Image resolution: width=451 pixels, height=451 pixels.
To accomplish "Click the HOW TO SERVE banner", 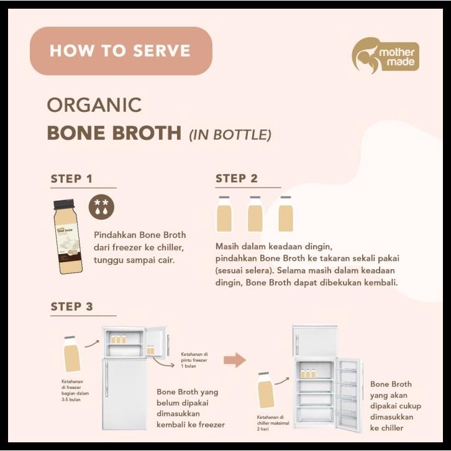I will [x=121, y=51].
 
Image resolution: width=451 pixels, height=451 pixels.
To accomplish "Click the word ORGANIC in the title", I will [x=94, y=105].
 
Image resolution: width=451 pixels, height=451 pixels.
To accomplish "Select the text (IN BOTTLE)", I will [x=230, y=134].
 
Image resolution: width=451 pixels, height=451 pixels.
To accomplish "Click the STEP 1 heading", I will [x=71, y=179].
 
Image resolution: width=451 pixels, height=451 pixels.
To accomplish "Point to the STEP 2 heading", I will [x=236, y=179].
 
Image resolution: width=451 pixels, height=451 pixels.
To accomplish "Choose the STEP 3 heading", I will [x=71, y=306].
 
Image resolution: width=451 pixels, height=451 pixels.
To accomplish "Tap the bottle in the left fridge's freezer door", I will [x=151, y=350].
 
